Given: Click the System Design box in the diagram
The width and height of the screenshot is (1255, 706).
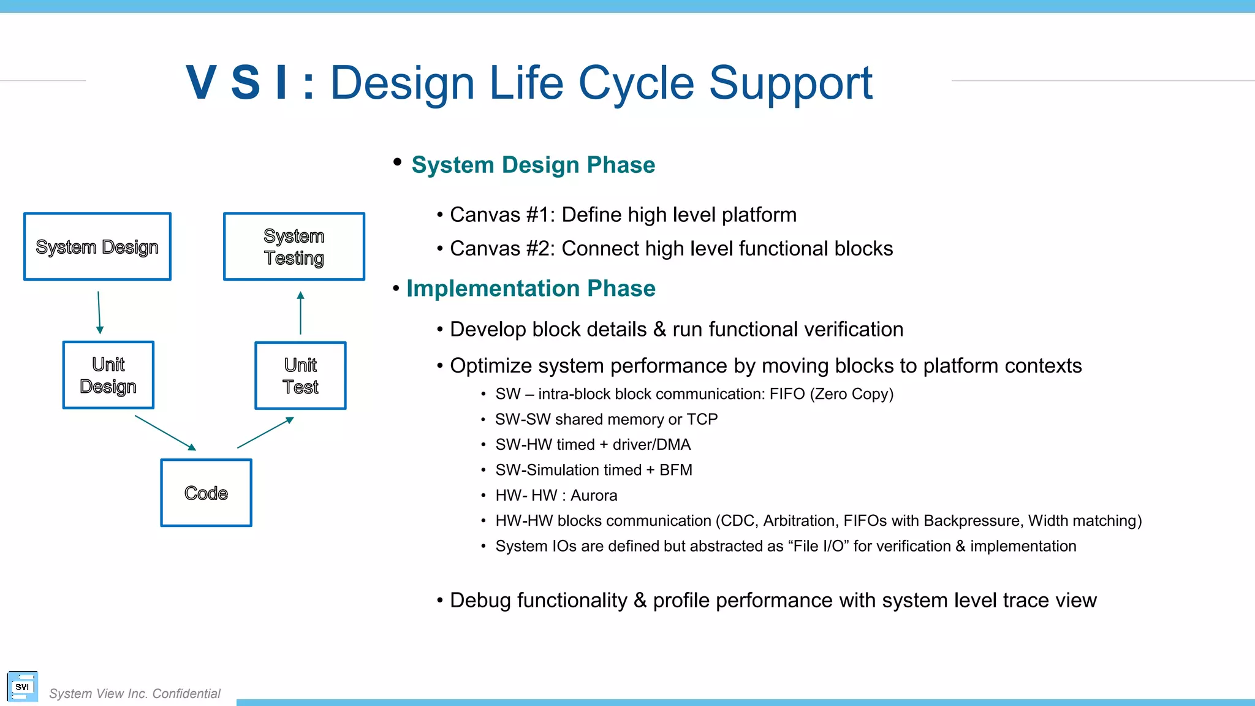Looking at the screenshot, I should [x=97, y=246].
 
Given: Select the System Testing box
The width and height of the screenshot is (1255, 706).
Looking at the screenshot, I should [x=294, y=246].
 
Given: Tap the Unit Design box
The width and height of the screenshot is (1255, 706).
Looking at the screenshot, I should [x=108, y=375].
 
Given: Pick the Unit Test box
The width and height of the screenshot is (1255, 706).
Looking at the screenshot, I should [x=300, y=376].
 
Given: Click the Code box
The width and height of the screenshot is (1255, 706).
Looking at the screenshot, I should [x=206, y=493].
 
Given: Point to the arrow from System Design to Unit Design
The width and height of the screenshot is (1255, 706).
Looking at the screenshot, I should [x=99, y=313].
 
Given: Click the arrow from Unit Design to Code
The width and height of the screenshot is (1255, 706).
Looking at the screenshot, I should [x=165, y=433].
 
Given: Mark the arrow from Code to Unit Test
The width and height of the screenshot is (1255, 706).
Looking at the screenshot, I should [x=265, y=433].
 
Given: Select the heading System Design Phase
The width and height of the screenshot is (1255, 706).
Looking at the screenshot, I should [x=533, y=165].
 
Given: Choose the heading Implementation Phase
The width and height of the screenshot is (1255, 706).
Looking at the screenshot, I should [x=531, y=288].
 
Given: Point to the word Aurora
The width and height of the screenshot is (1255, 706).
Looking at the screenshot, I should [x=594, y=495].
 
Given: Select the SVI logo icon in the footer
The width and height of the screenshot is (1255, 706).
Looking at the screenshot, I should [x=22, y=687].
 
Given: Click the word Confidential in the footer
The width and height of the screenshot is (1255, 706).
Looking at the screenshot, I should [x=186, y=694].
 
